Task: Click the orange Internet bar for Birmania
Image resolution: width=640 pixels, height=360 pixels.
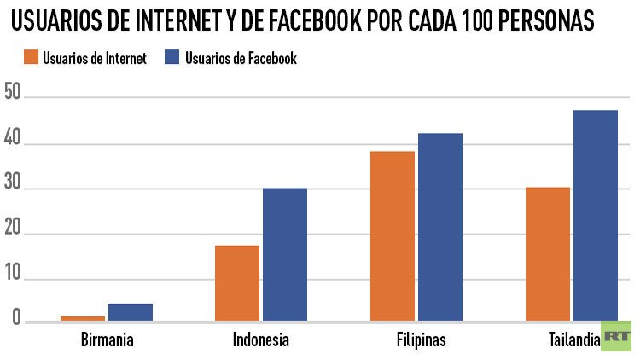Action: coord(83,318)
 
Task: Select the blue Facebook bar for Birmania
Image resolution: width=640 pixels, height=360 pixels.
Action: coord(131,312)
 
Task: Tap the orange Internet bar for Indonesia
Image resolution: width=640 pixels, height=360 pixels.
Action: coord(237,283)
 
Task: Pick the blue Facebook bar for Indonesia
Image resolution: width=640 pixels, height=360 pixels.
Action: coord(285,254)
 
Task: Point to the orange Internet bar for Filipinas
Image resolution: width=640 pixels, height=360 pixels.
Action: coord(393,236)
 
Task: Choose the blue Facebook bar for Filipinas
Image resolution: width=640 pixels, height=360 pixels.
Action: coord(440,227)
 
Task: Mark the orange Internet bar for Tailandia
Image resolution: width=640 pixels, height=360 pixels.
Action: coord(548,254)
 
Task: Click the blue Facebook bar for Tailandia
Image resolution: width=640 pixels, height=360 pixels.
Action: coord(596,216)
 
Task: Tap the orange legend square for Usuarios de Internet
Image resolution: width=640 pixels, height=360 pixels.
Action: coord(27,58)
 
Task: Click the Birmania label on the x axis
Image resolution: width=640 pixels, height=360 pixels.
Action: coord(106,340)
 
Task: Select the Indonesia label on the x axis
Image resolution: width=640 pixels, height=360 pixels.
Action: coord(260,340)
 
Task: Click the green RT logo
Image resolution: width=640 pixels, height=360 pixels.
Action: coord(615,336)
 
